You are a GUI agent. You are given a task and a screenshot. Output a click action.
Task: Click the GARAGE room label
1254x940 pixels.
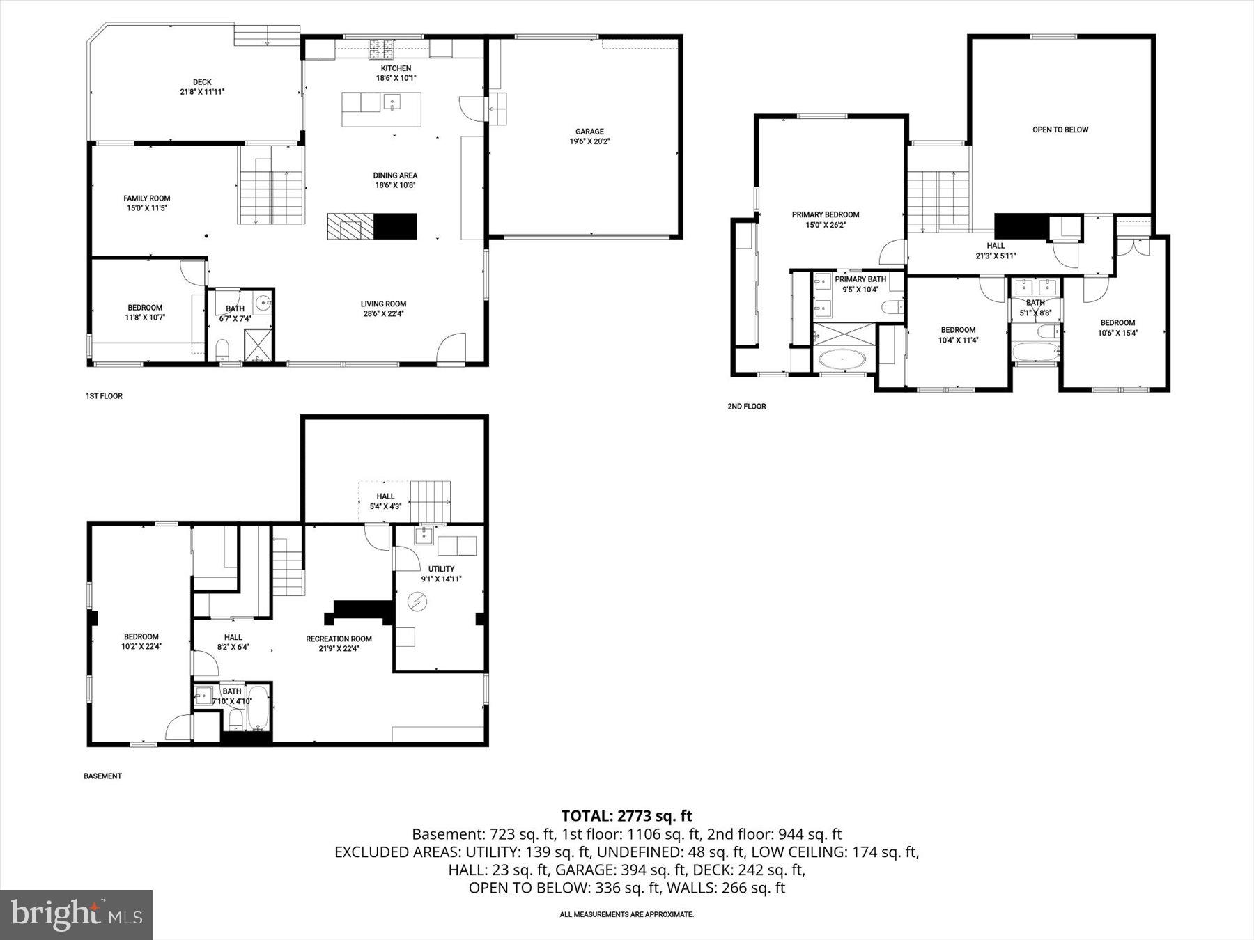coord(589,132)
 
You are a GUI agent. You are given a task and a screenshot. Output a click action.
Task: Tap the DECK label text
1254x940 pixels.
coord(202,82)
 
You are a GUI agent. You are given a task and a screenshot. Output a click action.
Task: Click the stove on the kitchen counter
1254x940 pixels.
coord(381,49)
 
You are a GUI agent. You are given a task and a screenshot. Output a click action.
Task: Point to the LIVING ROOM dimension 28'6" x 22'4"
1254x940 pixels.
coord(383,313)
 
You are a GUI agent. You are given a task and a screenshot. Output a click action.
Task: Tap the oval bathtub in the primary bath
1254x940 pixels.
coord(842,360)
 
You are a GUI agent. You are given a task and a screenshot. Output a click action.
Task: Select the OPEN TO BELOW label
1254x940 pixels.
coord(1060,130)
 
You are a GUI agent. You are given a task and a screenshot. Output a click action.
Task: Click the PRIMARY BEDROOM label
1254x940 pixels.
coord(826,214)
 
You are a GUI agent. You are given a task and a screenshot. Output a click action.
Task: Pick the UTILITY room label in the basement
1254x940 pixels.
coord(441,569)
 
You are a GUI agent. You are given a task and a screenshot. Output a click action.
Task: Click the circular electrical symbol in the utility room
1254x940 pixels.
coord(417,602)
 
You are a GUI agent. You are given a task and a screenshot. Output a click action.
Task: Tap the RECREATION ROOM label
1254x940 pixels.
coord(339,639)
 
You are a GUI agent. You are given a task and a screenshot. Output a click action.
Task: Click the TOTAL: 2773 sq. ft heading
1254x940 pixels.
coord(626,815)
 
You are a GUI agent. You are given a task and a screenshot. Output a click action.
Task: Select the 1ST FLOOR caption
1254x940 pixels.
coord(104,396)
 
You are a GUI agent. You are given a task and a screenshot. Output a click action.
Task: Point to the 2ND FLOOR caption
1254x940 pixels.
coord(746,407)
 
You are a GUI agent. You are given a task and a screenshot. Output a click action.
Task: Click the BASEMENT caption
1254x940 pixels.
coord(102,776)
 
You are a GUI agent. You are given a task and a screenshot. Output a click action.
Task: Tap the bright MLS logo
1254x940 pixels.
coord(76,914)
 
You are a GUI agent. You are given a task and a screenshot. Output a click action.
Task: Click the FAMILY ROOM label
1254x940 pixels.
coord(147,198)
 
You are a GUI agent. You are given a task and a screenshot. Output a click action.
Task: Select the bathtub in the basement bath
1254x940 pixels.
coord(258,708)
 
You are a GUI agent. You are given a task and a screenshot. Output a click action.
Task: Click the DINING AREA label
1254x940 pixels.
coord(395,175)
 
